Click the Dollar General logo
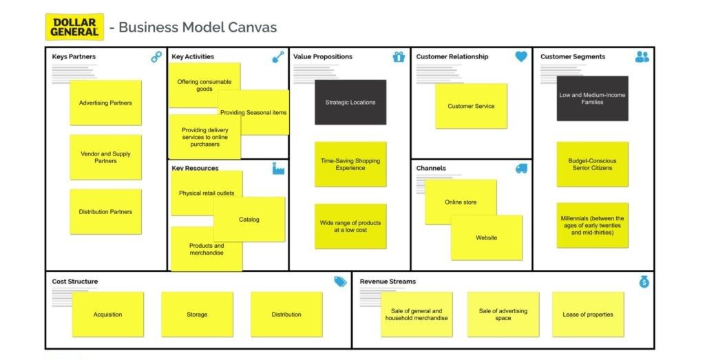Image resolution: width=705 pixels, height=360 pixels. tap(74, 27)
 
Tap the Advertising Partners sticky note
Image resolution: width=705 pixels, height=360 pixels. tap(105, 103)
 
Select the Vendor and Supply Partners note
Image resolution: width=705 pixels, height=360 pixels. tap(105, 157)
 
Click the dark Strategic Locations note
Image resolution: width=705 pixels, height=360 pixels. tap(350, 102)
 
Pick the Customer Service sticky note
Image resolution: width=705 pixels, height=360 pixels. tap(471, 106)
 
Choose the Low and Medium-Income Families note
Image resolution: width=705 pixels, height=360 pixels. tap(592, 98)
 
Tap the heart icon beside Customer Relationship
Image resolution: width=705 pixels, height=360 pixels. tap(521, 57)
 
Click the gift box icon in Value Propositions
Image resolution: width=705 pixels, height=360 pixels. tap(399, 57)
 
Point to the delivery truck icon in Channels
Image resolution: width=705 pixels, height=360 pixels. tap(521, 169)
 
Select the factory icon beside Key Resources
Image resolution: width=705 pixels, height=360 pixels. tap(278, 169)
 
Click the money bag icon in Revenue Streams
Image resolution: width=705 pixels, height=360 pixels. tap(644, 282)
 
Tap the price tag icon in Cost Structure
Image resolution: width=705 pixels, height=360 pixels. tap(340, 282)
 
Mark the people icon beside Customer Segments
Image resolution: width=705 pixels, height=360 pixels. tap(642, 57)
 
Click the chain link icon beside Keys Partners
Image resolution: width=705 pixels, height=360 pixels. tap(156, 57)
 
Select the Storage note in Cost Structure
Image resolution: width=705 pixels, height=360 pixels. tap(197, 315)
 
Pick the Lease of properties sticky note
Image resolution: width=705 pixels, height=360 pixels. tap(588, 315)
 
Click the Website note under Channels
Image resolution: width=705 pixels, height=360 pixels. tap(487, 238)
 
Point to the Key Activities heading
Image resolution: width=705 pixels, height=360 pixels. tap(193, 56)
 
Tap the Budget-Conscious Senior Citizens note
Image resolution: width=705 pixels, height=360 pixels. tap(592, 164)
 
